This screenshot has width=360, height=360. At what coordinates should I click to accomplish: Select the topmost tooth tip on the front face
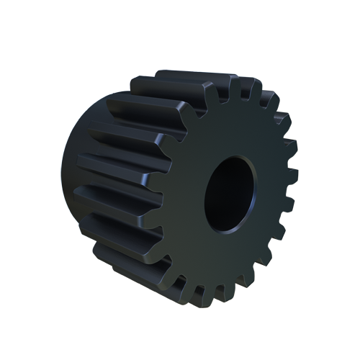tap(235, 85)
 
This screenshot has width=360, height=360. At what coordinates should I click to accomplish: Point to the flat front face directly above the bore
tap(230, 130)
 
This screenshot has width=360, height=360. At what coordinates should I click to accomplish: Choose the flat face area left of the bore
tap(184, 194)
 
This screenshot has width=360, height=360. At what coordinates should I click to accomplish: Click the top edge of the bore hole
tap(232, 158)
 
